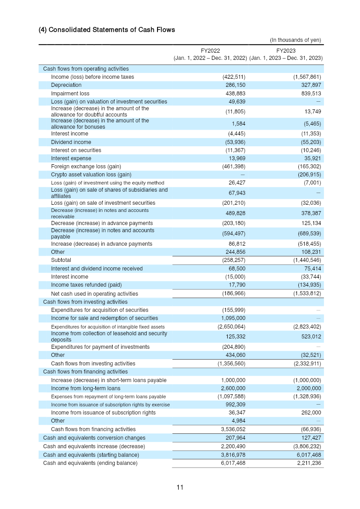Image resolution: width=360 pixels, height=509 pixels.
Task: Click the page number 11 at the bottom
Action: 180,487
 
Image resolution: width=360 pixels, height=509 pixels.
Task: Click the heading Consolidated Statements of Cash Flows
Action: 107,30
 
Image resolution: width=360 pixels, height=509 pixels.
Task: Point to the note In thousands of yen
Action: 295,40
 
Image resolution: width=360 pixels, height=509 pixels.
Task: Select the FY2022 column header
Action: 210,51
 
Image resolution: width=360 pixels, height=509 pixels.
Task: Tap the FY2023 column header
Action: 286,51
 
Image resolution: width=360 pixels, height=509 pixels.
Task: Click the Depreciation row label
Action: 66,85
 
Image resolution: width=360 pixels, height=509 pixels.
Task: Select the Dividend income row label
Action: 71,142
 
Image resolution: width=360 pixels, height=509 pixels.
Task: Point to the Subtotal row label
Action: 61,260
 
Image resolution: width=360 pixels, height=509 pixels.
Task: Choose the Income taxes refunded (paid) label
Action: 86,285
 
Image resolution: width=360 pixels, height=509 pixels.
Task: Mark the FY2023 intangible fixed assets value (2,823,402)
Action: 307,327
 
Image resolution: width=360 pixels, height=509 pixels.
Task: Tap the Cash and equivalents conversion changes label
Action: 94,438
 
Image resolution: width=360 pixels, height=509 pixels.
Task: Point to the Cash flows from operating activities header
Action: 85,69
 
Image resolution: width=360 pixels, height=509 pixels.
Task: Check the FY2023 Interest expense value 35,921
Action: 311,158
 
